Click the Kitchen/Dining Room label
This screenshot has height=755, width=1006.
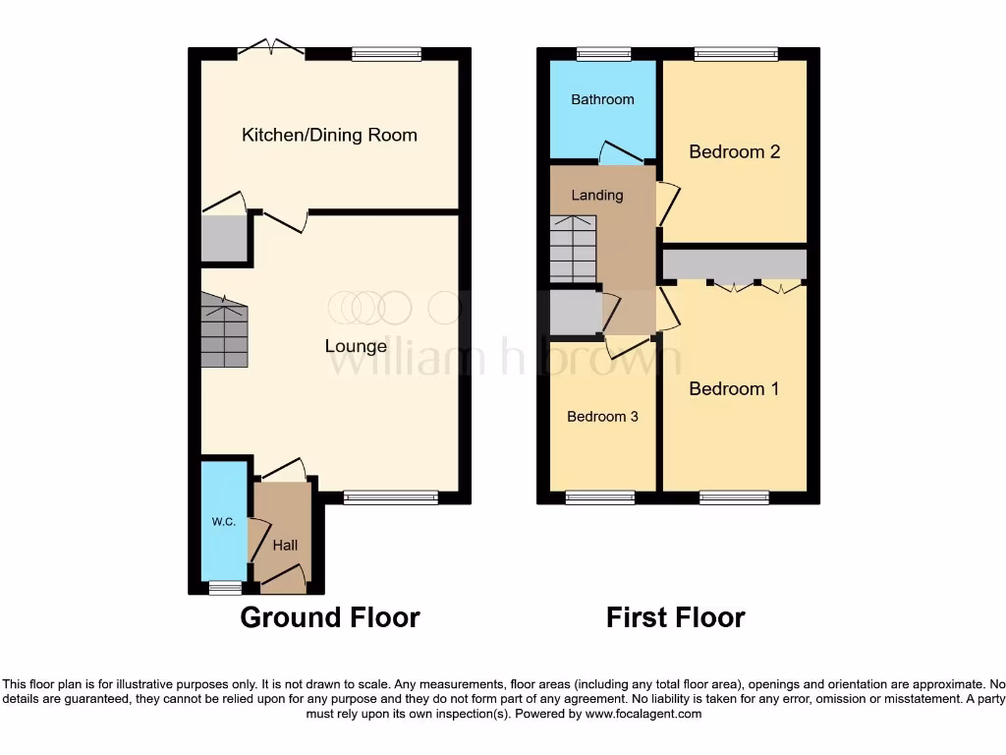[329, 135]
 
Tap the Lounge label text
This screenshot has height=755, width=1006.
[356, 346]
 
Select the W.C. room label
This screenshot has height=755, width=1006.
[224, 521]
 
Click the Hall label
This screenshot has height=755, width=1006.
[285, 545]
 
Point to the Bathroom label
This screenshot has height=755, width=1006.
[602, 99]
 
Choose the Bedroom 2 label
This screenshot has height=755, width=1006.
[734, 151]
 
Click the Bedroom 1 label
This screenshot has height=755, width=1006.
[734, 388]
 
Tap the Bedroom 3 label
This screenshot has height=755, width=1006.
[602, 417]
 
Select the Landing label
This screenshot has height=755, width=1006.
[597, 195]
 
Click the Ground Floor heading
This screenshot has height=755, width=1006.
[330, 617]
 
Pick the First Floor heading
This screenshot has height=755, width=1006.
[675, 617]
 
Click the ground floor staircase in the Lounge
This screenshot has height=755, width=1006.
[224, 332]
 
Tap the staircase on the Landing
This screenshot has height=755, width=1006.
[572, 250]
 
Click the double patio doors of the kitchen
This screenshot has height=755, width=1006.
[271, 49]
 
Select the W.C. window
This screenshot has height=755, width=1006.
[225, 588]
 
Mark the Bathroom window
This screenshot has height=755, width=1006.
[603, 54]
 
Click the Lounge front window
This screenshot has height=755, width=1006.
[390, 497]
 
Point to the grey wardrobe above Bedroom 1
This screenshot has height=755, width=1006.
[734, 264]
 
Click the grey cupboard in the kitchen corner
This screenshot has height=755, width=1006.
[224, 238]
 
